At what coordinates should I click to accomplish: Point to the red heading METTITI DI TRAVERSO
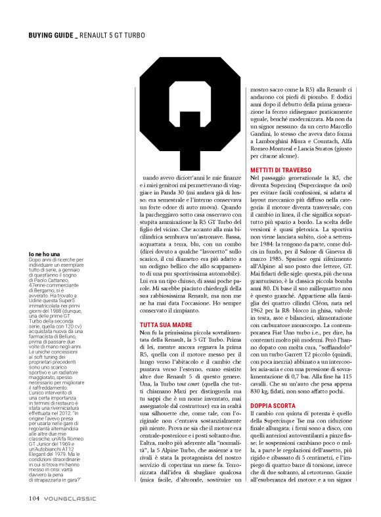click(284, 171)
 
